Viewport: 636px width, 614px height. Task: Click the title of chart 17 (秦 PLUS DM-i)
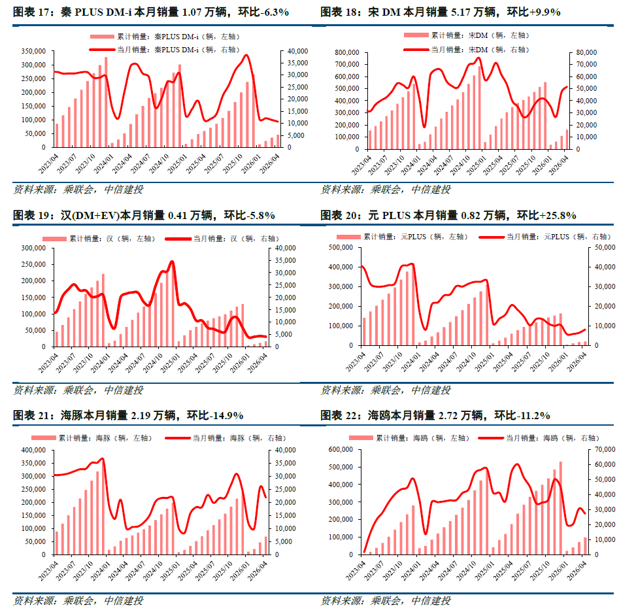(x=150, y=12)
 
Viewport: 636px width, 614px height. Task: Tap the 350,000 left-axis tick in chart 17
(x=34, y=51)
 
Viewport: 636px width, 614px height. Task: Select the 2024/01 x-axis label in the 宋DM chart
(x=410, y=165)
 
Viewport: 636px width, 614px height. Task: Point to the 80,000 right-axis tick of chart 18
(x=586, y=52)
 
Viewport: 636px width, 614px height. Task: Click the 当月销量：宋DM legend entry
(x=467, y=50)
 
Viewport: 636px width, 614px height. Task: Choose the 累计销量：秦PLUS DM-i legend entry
(x=165, y=37)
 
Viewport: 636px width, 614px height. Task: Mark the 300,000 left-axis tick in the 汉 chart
(x=34, y=248)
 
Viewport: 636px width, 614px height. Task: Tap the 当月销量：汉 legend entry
(x=222, y=239)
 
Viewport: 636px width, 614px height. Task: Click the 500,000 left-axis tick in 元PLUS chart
(x=341, y=247)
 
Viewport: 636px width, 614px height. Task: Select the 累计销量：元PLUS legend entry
(x=402, y=237)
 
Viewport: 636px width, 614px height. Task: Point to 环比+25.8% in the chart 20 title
(x=546, y=215)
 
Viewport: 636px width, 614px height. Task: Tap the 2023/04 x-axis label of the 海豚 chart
(x=48, y=571)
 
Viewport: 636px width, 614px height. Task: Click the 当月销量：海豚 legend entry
(x=226, y=438)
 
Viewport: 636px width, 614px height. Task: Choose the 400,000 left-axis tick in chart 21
(x=34, y=450)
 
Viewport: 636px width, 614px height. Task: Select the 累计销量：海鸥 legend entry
(x=409, y=438)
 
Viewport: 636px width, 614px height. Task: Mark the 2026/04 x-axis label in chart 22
(x=577, y=571)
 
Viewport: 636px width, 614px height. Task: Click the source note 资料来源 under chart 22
(x=386, y=601)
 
